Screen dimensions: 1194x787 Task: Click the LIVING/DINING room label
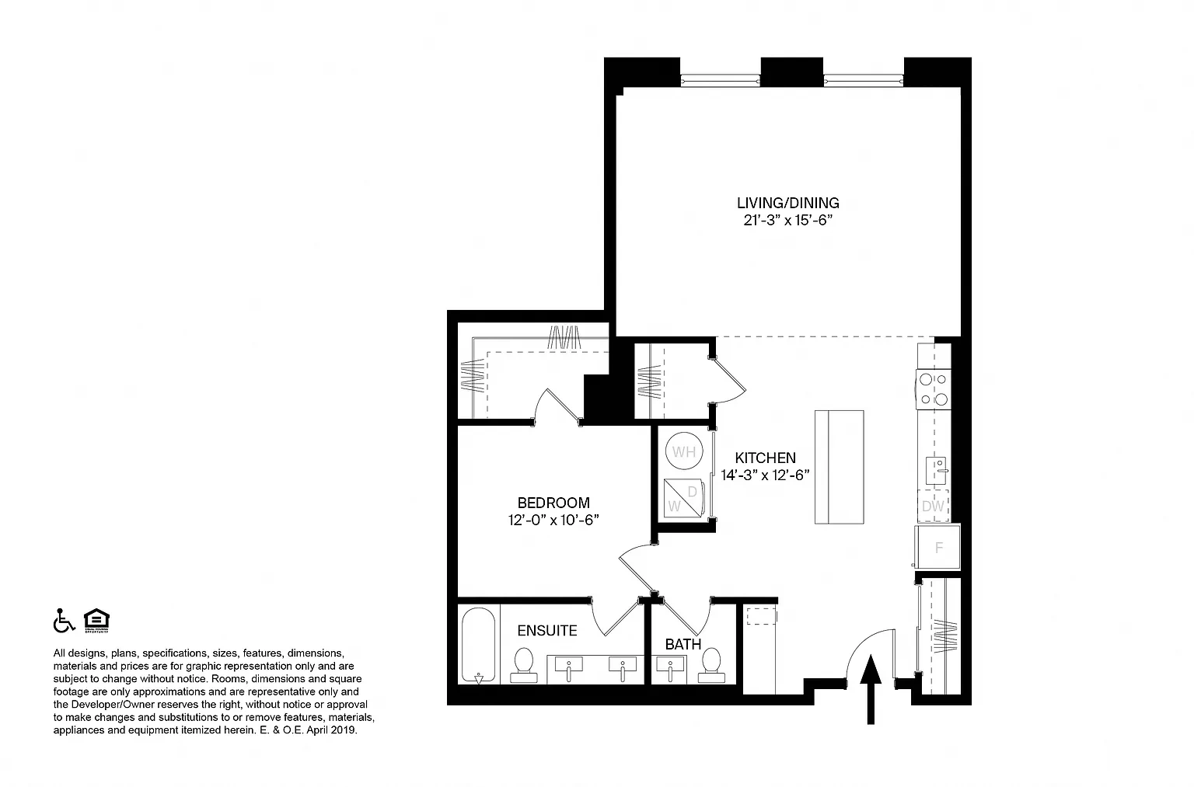click(787, 203)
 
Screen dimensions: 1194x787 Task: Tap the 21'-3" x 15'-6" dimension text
click(787, 220)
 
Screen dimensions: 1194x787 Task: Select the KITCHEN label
click(765, 458)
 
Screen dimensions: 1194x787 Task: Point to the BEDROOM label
click(553, 503)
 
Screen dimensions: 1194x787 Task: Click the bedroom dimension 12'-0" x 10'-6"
click(553, 520)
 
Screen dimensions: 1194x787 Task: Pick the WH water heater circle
click(684, 451)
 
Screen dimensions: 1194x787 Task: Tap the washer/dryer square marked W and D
click(683, 498)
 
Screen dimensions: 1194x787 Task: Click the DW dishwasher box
click(933, 506)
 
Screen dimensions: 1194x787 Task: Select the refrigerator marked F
click(937, 547)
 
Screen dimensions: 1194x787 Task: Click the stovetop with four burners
click(934, 389)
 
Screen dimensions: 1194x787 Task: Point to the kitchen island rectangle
click(839, 467)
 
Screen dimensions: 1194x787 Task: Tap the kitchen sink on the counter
click(936, 471)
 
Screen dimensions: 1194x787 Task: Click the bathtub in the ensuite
click(478, 646)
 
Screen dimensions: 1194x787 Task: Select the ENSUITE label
click(547, 631)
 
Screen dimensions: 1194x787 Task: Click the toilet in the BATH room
click(711, 666)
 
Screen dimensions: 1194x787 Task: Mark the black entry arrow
click(871, 689)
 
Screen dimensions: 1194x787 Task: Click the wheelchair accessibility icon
click(64, 620)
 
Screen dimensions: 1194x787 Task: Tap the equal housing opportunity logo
click(96, 620)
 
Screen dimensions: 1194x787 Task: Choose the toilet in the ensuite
click(523, 666)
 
